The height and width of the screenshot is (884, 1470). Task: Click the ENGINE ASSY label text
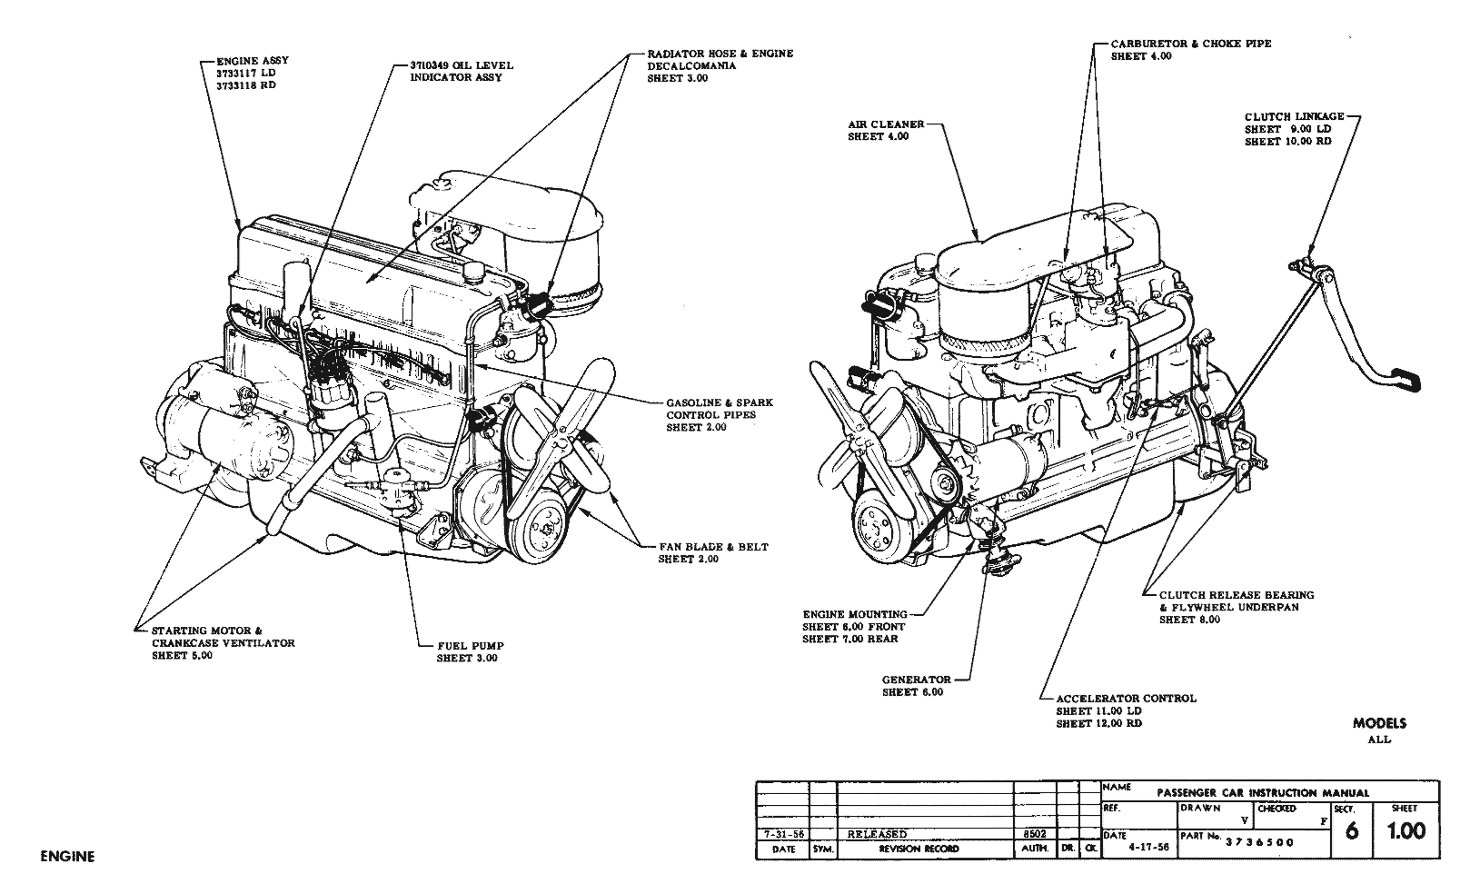(x=252, y=60)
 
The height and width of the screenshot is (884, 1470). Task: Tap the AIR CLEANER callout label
(x=886, y=124)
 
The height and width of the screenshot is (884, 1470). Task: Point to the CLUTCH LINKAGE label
(x=1294, y=116)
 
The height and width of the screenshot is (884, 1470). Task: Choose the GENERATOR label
(x=916, y=680)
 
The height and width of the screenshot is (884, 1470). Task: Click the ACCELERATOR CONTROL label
(x=1126, y=699)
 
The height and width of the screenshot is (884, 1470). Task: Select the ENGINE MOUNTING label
(x=854, y=614)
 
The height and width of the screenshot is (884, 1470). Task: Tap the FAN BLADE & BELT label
(x=713, y=547)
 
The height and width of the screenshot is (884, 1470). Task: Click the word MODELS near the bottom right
(x=1379, y=723)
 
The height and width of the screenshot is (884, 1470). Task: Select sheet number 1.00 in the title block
(x=1406, y=829)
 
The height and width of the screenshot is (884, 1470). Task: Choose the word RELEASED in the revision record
(x=877, y=834)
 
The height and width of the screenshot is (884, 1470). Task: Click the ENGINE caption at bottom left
(x=67, y=856)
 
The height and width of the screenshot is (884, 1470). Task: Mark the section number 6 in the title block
(x=1351, y=830)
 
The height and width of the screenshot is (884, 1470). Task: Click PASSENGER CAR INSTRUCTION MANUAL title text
(x=1262, y=792)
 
